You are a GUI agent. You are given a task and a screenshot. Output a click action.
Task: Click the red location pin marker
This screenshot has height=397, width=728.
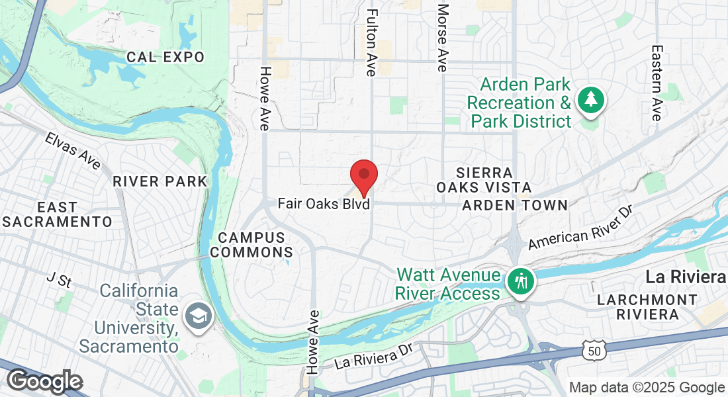click(x=363, y=175)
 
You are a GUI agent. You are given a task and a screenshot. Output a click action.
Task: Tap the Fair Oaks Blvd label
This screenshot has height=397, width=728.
click(x=323, y=204)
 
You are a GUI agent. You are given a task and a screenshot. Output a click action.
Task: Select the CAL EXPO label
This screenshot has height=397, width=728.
click(x=165, y=58)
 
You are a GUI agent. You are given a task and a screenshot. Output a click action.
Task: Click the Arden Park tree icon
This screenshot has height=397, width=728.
click(x=590, y=101)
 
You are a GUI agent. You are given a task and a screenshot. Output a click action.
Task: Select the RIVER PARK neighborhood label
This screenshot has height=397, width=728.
click(x=159, y=181)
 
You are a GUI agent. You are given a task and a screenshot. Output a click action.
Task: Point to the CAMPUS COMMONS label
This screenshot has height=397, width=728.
click(x=255, y=245)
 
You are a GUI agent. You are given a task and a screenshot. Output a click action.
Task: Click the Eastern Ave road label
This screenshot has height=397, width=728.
click(x=656, y=83)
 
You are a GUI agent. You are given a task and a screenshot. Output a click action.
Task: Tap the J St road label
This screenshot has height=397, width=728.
click(x=59, y=280)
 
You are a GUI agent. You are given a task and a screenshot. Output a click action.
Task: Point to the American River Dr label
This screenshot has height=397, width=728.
click(x=580, y=228)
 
